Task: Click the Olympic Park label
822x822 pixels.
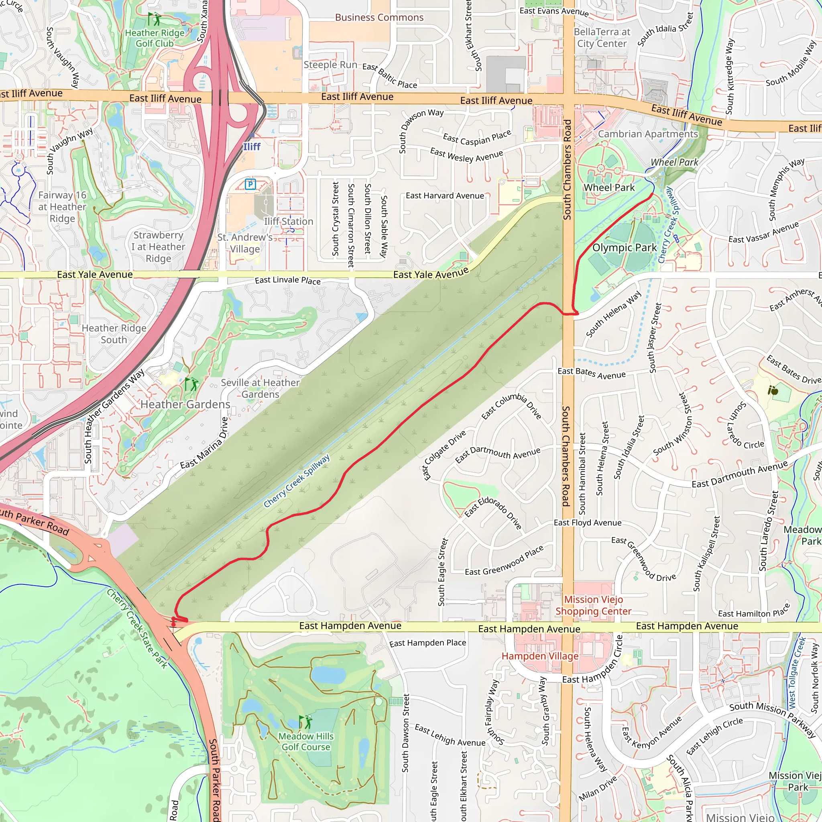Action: pyautogui.click(x=624, y=248)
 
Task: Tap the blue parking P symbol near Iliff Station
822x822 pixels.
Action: pyautogui.click(x=250, y=184)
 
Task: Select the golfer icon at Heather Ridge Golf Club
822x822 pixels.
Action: pyautogui.click(x=155, y=19)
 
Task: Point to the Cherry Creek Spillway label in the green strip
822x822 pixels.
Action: pyautogui.click(x=297, y=481)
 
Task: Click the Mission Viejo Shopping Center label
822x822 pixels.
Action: pyautogui.click(x=593, y=605)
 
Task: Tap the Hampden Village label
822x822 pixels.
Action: pyautogui.click(x=540, y=656)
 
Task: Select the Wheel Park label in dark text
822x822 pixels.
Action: pyautogui.click(x=609, y=187)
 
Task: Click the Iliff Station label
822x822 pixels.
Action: pyautogui.click(x=289, y=222)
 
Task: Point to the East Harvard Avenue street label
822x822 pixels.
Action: pyautogui.click(x=445, y=196)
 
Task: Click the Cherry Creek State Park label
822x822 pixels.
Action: pyautogui.click(x=137, y=629)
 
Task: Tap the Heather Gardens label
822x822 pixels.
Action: pyautogui.click(x=185, y=404)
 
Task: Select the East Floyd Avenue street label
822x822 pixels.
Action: pyautogui.click(x=587, y=523)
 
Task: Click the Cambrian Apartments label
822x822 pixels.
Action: pyautogui.click(x=648, y=134)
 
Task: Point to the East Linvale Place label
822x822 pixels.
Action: pyautogui.click(x=288, y=281)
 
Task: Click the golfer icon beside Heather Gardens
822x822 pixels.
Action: pyautogui.click(x=191, y=384)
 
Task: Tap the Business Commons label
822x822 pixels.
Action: pyautogui.click(x=379, y=17)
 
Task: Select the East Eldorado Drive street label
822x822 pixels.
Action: pyautogui.click(x=493, y=513)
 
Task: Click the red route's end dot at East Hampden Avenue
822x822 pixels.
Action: pyautogui.click(x=173, y=624)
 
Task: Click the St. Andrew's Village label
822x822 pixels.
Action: pyautogui.click(x=245, y=243)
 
